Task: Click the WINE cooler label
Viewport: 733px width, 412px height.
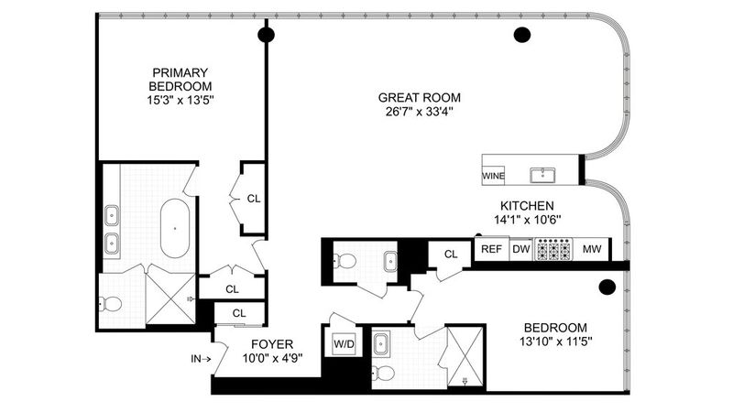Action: pos(493,176)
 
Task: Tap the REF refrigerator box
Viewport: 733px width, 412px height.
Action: pos(491,249)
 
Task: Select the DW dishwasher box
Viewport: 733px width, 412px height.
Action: pos(521,249)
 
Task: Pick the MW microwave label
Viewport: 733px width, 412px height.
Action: pos(592,249)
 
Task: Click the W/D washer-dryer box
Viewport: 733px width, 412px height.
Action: pos(345,344)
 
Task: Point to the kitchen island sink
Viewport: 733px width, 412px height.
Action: pos(542,175)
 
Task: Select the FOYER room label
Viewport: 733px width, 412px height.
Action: pos(272,344)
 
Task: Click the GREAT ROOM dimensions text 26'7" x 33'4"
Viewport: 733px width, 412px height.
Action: pos(420,112)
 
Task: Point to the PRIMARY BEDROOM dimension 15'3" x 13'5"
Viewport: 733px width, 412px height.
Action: pos(181,100)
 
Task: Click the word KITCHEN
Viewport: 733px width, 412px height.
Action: pos(528,205)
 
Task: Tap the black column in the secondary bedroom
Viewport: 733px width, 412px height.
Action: pos(607,287)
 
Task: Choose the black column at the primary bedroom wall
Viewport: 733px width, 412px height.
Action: pos(266,35)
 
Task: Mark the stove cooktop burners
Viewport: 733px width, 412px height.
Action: pos(553,249)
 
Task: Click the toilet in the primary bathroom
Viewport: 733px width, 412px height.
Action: pos(111,304)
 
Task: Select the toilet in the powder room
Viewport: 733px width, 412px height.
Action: pos(345,261)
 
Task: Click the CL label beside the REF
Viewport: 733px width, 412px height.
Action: pos(451,255)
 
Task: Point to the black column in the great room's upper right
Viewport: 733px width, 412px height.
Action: pos(521,35)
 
